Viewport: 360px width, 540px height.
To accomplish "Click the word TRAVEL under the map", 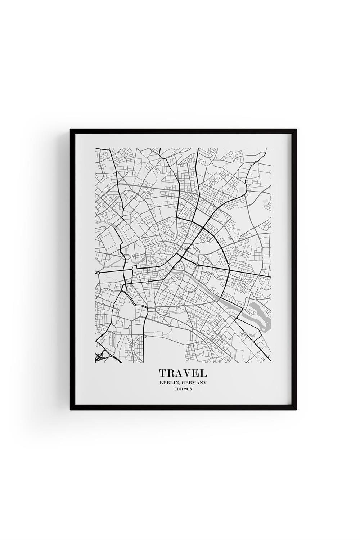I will tap(183, 373).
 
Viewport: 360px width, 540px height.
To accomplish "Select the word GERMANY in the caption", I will tap(194, 383).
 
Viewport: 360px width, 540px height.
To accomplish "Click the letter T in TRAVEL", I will tap(163, 373).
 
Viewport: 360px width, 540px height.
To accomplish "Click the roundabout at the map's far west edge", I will tap(98, 273).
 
